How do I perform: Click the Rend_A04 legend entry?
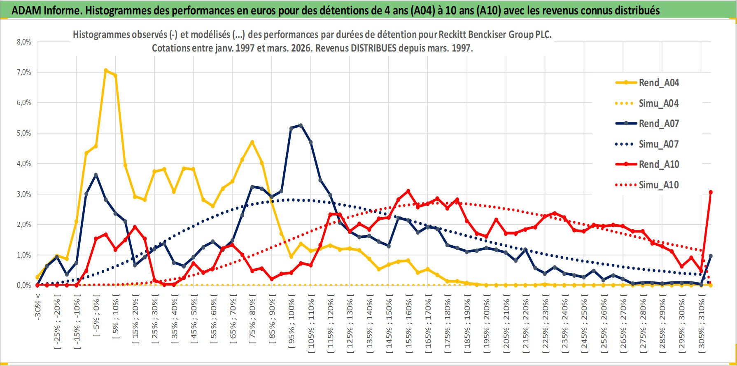point(658,83)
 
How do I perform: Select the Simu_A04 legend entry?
point(658,103)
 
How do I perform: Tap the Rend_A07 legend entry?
point(658,124)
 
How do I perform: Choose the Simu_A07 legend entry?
point(658,144)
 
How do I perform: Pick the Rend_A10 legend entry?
point(658,164)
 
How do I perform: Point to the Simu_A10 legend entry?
point(658,185)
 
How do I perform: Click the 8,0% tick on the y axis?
point(24,42)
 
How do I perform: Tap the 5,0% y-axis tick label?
point(24,133)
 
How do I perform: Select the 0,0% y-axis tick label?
point(24,285)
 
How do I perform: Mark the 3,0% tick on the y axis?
point(24,194)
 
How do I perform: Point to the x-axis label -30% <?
point(38,307)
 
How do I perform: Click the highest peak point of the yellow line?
point(106,70)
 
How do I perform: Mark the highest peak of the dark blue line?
point(301,125)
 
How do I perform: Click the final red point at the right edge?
point(711,192)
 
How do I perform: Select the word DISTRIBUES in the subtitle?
point(373,48)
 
